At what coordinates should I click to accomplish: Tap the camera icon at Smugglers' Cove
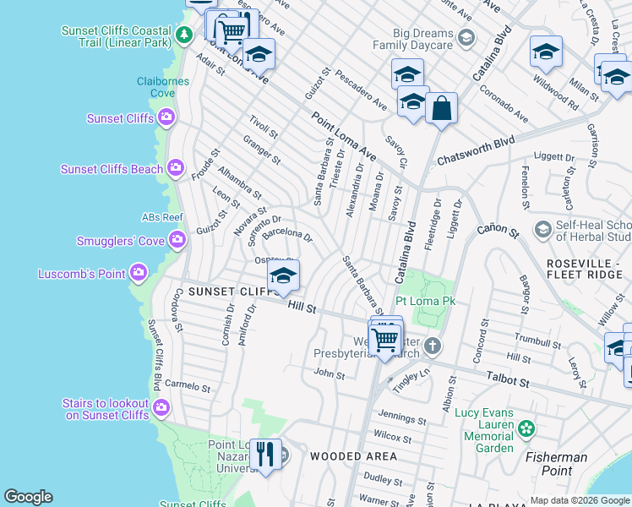pos(177,241)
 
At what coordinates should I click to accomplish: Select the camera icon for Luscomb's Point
pos(139,273)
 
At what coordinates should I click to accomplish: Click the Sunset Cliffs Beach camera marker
pos(176,168)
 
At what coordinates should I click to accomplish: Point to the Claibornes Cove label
pos(156,88)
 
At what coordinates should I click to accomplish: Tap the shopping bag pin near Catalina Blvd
pos(441,109)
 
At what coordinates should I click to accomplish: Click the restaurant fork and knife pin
pos(266,455)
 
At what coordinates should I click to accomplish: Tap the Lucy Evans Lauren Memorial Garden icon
pos(526,429)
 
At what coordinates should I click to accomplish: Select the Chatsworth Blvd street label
pos(476,150)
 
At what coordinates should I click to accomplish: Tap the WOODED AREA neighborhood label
pos(352,456)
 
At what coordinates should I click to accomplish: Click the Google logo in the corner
pos(28,497)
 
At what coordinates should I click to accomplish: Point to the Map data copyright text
pos(580,499)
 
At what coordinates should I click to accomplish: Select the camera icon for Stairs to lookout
pos(161,409)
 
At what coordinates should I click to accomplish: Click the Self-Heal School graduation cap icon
pos(542,229)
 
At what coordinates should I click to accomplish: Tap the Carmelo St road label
pos(188,386)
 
